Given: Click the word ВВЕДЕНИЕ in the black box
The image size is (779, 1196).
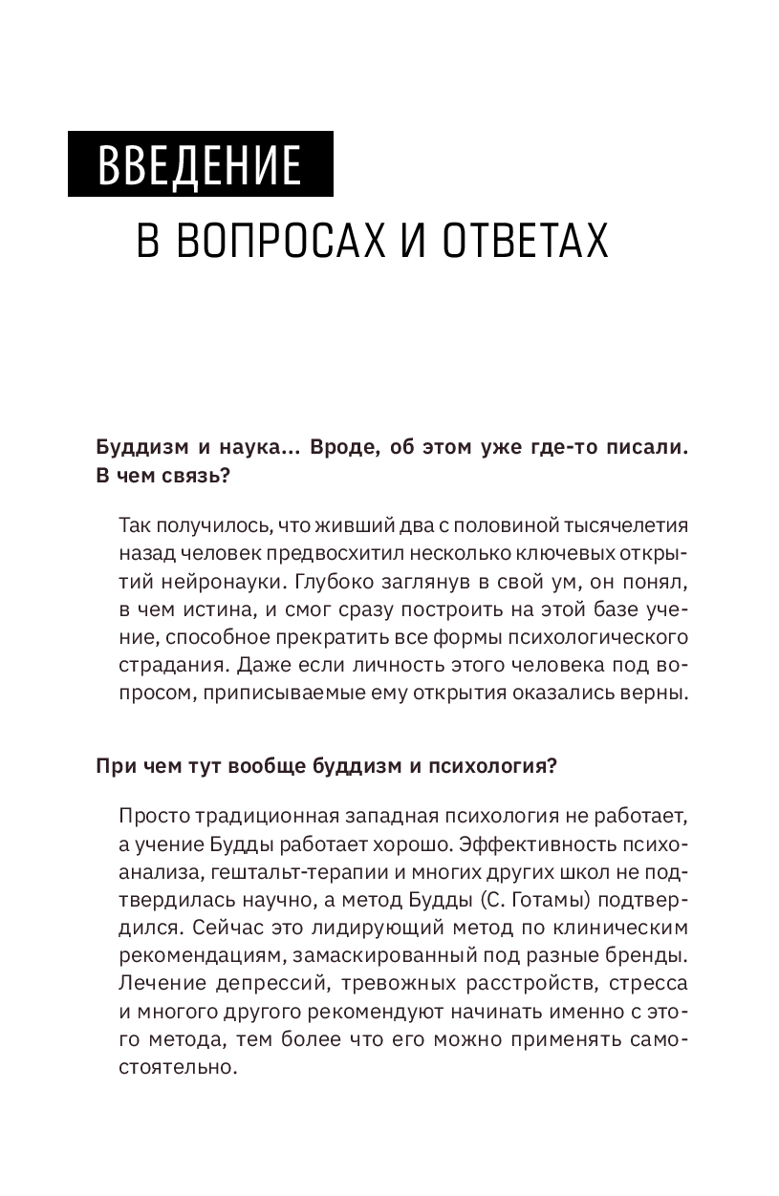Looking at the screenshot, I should tap(199, 165).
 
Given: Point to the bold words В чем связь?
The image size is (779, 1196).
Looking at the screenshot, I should tap(162, 479).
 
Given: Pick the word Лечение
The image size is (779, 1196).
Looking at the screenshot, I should tap(161, 955).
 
